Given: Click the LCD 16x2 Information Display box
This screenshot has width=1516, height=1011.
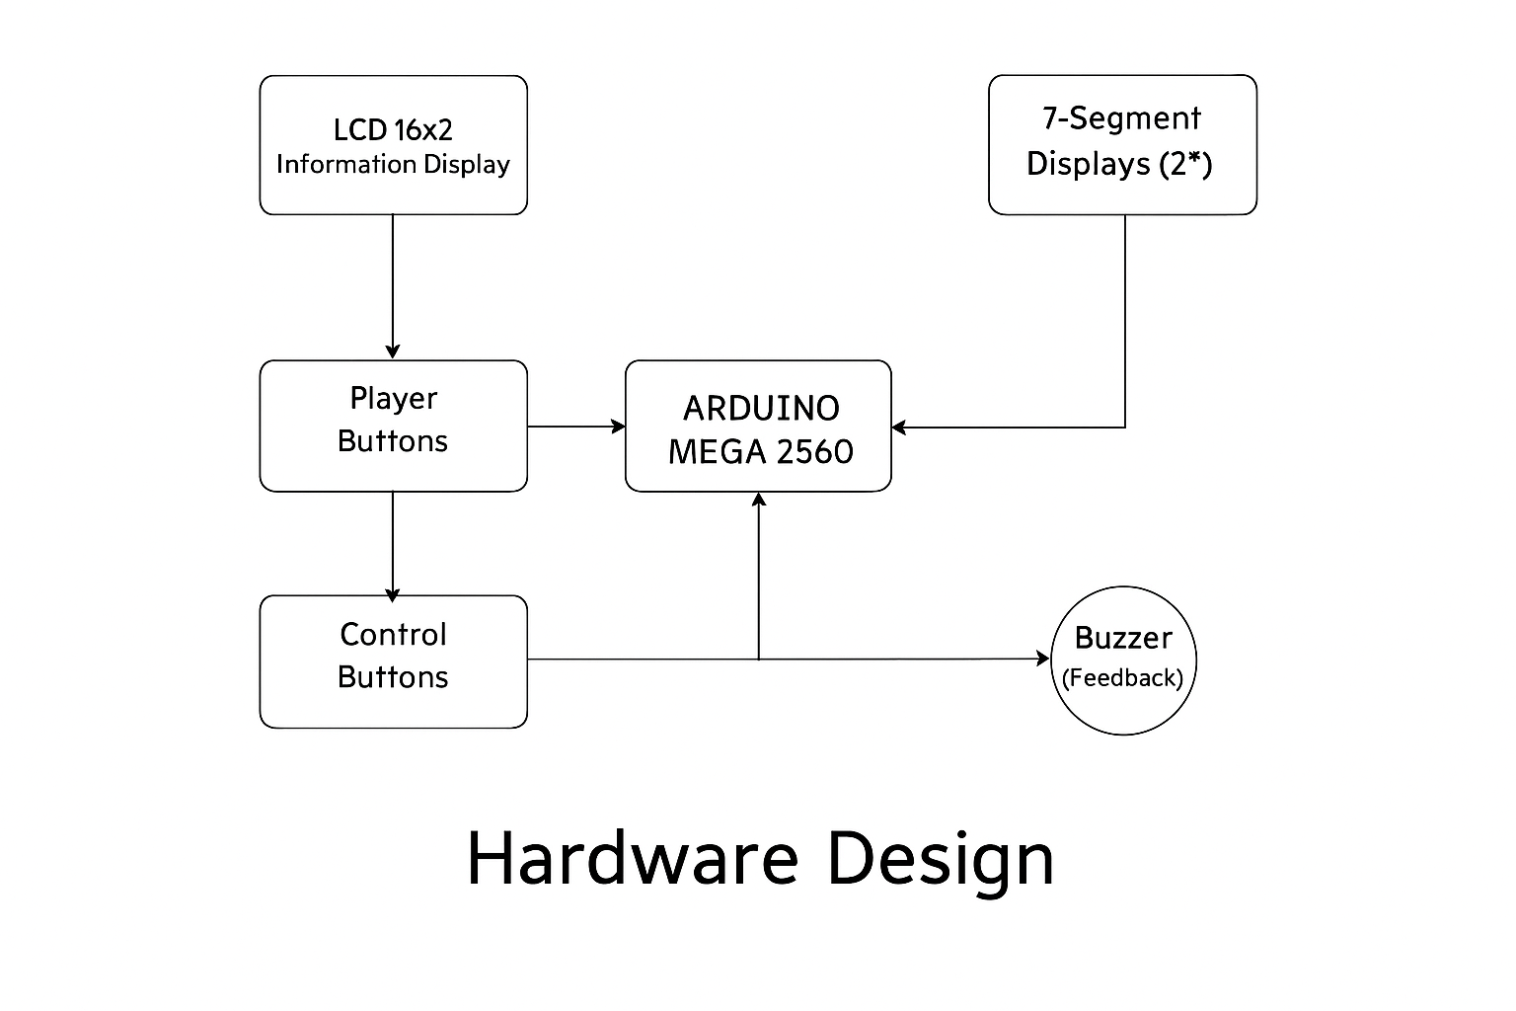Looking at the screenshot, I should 393,145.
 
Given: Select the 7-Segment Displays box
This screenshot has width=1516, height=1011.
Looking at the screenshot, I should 1122,144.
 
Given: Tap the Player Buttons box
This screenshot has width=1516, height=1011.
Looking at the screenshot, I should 393,426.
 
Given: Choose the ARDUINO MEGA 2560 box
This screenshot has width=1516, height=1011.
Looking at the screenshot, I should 758,426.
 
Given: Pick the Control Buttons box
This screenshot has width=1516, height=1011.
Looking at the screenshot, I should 393,661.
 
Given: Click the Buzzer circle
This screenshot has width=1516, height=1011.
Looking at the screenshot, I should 1123,661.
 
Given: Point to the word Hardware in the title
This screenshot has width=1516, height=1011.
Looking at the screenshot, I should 632,858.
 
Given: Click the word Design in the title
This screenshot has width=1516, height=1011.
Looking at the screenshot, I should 940,858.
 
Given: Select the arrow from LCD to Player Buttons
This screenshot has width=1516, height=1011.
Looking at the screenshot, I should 393,286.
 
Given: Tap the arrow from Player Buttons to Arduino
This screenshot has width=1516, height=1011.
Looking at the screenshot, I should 576,427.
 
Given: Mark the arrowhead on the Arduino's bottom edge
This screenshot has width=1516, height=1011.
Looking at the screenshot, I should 759,500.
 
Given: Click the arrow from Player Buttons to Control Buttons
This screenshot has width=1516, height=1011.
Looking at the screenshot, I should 393,543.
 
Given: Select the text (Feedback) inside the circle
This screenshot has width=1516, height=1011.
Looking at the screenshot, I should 1122,678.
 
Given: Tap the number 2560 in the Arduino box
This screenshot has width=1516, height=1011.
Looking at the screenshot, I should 815,452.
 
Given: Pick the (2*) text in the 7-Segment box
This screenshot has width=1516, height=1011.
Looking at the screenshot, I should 1185,163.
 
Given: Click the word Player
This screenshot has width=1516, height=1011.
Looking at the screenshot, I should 393,399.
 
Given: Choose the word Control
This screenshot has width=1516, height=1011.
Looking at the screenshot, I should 393,634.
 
